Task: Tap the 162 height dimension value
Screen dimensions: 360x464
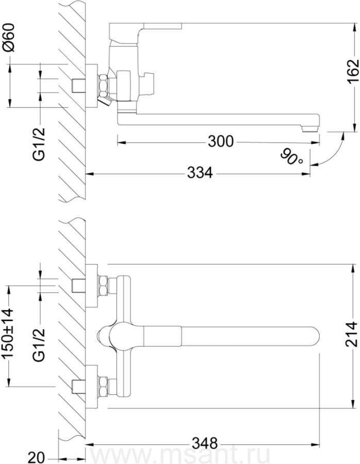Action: click(353, 72)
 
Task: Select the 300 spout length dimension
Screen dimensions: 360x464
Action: click(221, 141)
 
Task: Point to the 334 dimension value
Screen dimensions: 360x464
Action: click(200, 173)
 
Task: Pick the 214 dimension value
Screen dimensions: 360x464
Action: click(353, 335)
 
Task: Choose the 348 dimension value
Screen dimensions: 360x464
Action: click(205, 443)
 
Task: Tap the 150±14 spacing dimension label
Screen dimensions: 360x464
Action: click(8, 333)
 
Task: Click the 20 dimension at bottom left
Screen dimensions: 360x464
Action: click(36, 457)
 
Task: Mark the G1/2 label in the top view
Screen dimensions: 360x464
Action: click(39, 345)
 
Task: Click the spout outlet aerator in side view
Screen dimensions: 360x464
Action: click(309, 128)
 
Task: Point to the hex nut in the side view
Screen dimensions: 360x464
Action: click(103, 86)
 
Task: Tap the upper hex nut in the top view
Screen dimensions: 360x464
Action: click(103, 286)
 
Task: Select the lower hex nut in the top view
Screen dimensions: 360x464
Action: click(103, 386)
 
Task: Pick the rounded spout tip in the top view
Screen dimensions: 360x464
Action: click(315, 336)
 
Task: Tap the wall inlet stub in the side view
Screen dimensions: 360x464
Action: click(79, 86)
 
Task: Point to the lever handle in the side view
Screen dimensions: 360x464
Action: click(145, 27)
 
